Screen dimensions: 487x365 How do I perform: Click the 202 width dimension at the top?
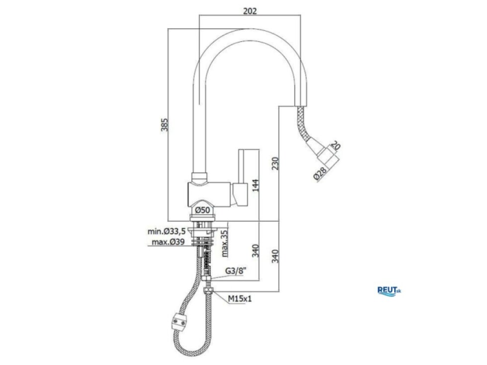coord(249,11)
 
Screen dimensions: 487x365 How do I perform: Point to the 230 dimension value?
coord(275,163)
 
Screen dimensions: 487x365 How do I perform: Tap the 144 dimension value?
coord(255,185)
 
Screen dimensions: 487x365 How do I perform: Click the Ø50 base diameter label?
coord(203,210)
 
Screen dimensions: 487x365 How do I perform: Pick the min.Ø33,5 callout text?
coord(166,231)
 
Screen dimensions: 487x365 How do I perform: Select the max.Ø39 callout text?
coord(168,242)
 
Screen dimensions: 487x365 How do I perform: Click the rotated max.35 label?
coord(225,243)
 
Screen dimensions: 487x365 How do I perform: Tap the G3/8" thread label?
coord(236,271)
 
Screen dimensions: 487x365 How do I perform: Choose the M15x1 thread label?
coord(240,298)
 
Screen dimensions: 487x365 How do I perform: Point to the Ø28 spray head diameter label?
coord(320,173)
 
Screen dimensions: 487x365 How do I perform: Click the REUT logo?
coord(389,291)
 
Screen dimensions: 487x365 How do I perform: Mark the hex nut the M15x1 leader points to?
coord(208,291)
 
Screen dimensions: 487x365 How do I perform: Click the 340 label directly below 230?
coord(275,256)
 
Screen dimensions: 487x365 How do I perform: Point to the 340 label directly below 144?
coord(255,251)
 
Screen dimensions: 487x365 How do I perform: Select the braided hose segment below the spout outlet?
coord(304,124)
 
